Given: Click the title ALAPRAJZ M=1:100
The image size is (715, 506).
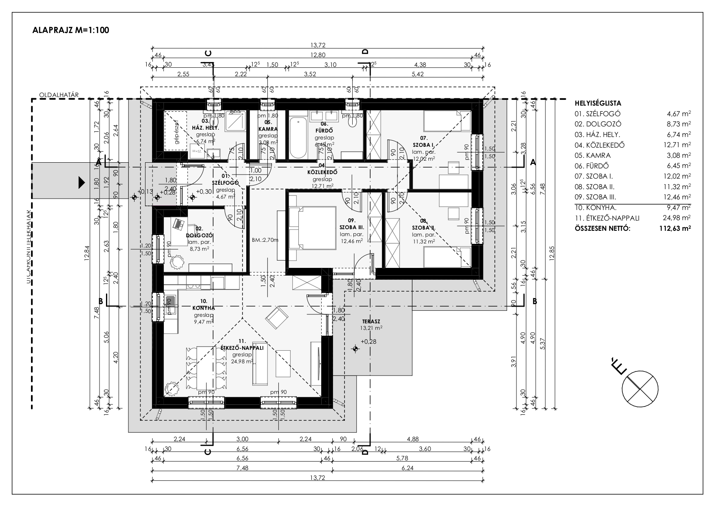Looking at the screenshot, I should tap(70, 30).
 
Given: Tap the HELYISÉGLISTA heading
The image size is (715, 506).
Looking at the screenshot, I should tap(598, 104).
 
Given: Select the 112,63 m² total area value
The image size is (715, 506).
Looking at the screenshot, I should tap(674, 228).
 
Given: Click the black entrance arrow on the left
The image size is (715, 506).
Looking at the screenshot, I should tap(82, 183).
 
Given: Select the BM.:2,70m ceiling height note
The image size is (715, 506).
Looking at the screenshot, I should tap(265, 240).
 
